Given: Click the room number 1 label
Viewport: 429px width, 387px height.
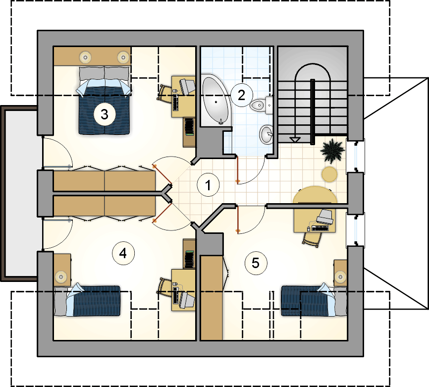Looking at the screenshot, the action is tap(208, 185).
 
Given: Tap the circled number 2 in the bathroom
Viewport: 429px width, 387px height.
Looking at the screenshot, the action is tap(242, 95).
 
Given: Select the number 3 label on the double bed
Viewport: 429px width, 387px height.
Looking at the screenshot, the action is tap(105, 114).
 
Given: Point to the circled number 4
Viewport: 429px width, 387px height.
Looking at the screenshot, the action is tap(123, 253).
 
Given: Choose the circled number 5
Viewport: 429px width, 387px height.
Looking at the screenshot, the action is tap(256, 263).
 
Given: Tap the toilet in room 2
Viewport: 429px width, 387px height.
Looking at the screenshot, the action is tap(261, 105).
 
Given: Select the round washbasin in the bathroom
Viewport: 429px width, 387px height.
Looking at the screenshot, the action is tap(266, 134).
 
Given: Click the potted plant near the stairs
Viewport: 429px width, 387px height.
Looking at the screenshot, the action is tap(332, 151).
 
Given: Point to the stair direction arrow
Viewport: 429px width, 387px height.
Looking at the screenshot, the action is tap(295, 140).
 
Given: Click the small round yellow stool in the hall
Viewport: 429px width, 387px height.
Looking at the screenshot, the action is tap(329, 174).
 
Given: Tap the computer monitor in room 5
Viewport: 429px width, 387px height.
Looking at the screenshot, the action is tap(325, 217).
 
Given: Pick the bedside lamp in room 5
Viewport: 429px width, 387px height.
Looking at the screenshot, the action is tap(341, 277).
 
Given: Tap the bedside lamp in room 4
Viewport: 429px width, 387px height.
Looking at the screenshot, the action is tap(61, 277).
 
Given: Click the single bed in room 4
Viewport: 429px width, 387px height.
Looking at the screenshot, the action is tap(88, 300).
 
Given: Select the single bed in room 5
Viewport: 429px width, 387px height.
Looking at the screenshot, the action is tap(314, 300).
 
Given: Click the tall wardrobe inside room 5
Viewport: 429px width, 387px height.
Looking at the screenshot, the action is tap(212, 298).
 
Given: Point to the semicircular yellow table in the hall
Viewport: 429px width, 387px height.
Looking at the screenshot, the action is tap(315, 195).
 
